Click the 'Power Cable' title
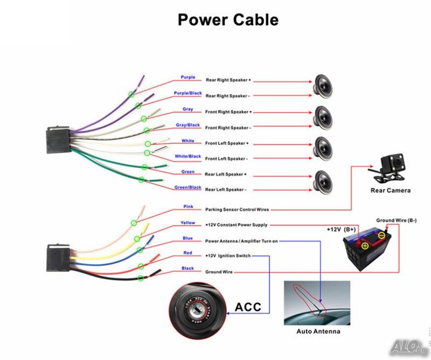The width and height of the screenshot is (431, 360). coord(228,20)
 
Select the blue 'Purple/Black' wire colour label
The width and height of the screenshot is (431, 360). coord(187,93)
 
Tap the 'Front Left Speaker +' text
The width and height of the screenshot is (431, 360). coord(227,143)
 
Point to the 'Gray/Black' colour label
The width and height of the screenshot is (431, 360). coord(187,125)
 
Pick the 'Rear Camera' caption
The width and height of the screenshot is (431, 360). coord(390,190)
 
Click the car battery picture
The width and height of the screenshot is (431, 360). coord(367,247)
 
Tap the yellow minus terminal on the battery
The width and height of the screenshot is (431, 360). coord(381,235)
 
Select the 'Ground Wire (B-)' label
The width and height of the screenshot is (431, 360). coord(397,220)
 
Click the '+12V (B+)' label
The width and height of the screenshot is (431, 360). coord(341,230)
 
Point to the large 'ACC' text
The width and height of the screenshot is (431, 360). coord(248,307)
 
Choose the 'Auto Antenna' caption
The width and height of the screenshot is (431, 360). coord(318,331)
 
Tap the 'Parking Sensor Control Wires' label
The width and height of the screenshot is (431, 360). coord(237,210)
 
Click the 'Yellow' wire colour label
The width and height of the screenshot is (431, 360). coord(187,223)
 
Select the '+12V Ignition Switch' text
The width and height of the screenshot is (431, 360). coord(228,256)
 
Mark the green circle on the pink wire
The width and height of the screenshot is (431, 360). coord(134,223)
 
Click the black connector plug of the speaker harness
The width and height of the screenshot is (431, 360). coord(58,140)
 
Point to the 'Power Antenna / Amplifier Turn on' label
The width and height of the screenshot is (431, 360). coord(241,241)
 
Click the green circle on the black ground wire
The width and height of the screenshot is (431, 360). coord(141,278)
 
